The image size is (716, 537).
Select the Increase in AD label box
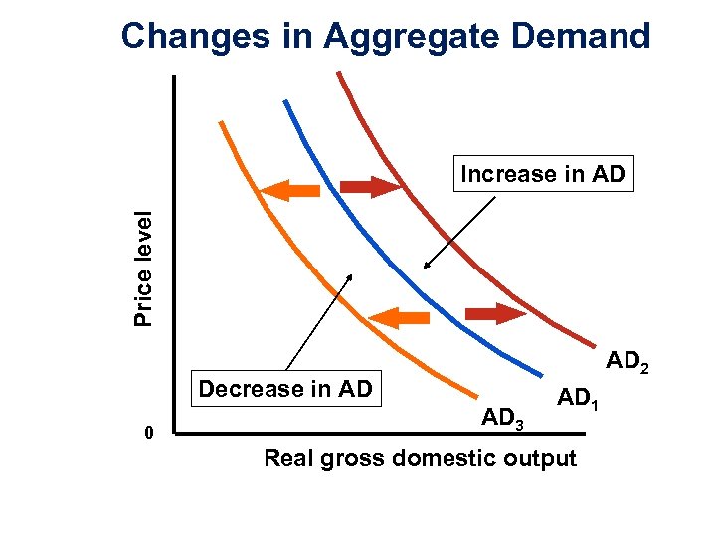[543, 175]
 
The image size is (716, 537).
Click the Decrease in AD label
[285, 389]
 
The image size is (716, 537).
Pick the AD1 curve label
[582, 399]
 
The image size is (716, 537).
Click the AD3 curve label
[503, 419]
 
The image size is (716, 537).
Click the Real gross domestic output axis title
[419, 459]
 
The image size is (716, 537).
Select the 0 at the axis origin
[148, 433]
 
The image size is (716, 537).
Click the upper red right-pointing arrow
[369, 186]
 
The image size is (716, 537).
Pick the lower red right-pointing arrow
[494, 314]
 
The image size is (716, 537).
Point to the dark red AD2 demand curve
[447, 239]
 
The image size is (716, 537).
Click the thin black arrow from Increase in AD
[459, 232]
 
